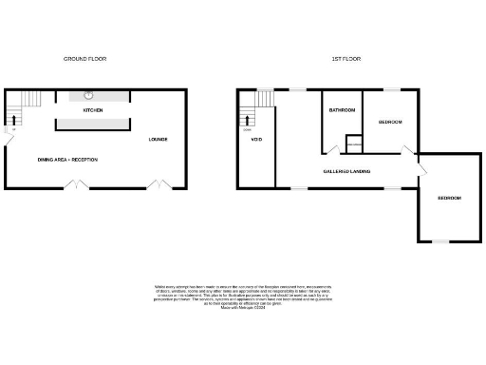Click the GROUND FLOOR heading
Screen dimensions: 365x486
coord(84,59)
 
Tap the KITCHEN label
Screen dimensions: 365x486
coord(92,111)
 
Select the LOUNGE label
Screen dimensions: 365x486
coord(158,140)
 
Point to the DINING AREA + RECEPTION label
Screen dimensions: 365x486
coord(67,160)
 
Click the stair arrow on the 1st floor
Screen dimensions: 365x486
coord(250,120)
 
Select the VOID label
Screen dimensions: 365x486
coord(256,140)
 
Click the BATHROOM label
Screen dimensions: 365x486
coord(342,111)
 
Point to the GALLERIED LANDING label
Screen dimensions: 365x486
coord(346,172)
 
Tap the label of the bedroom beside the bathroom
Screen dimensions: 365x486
coord(390,123)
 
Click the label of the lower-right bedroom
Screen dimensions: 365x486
coord(449,198)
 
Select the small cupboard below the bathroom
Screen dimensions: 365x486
coord(354,144)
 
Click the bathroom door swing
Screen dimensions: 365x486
coord(331,149)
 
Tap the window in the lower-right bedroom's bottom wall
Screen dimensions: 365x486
coord(440,241)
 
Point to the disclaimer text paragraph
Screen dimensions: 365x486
coord(242,296)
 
